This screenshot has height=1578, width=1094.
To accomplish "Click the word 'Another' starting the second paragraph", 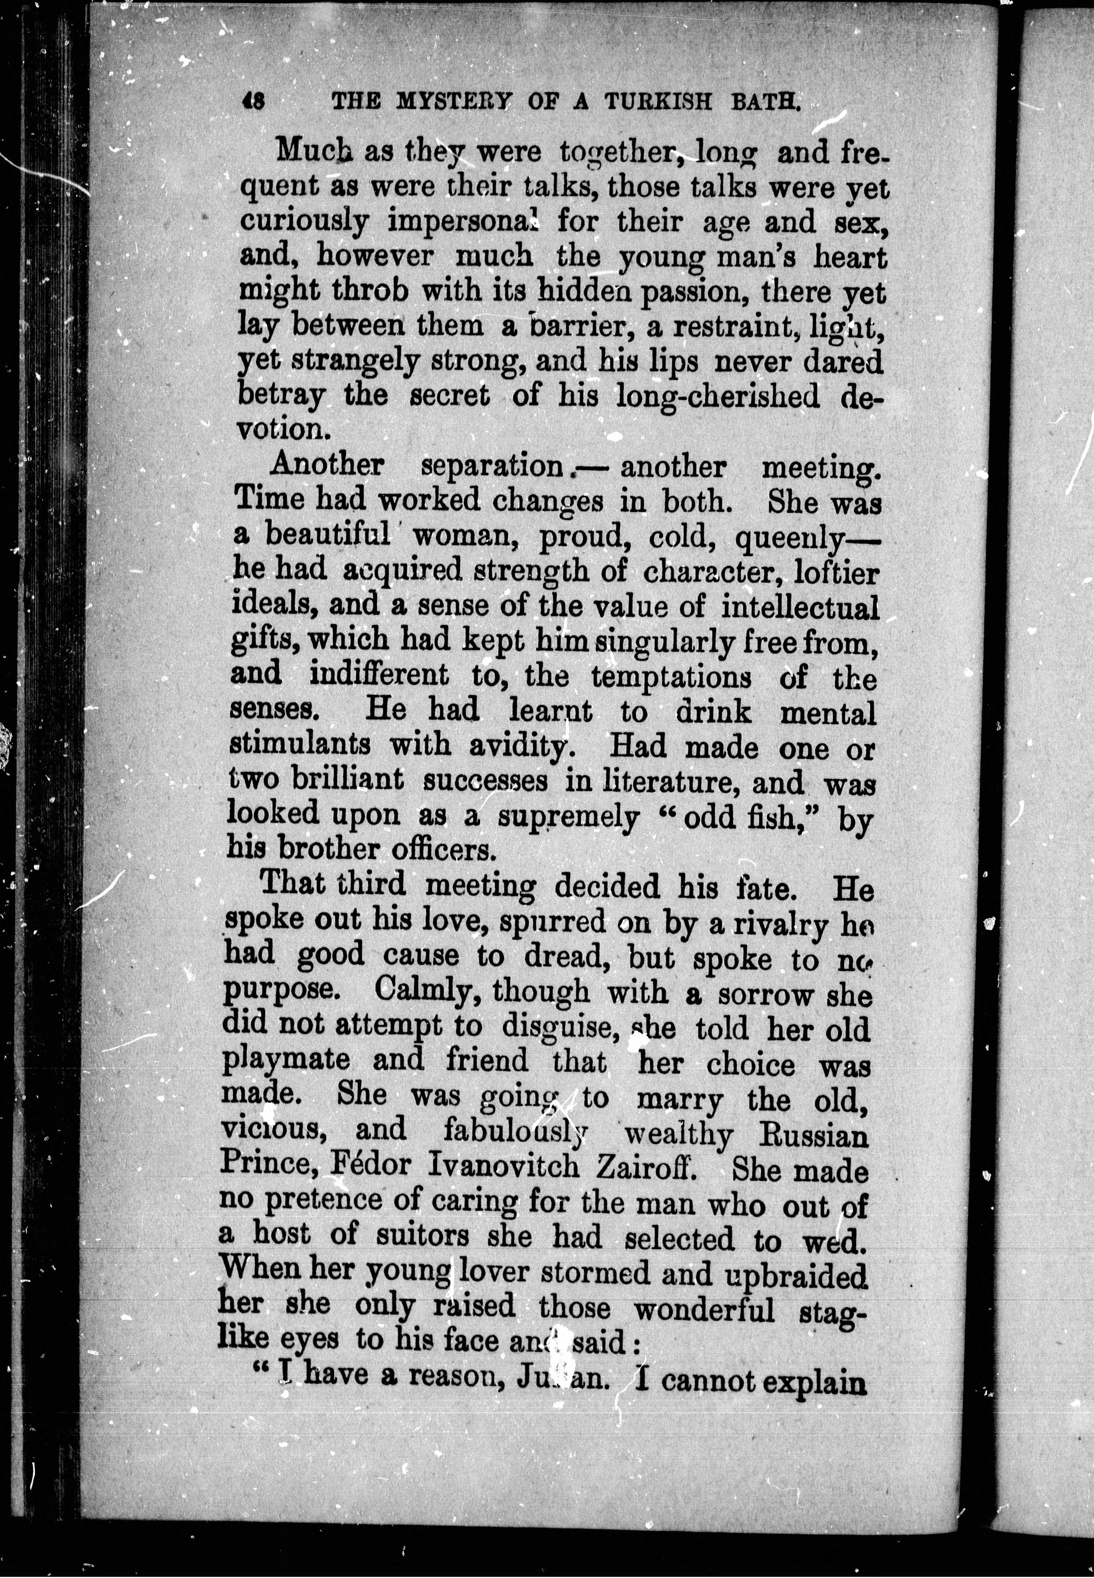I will click(326, 466).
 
